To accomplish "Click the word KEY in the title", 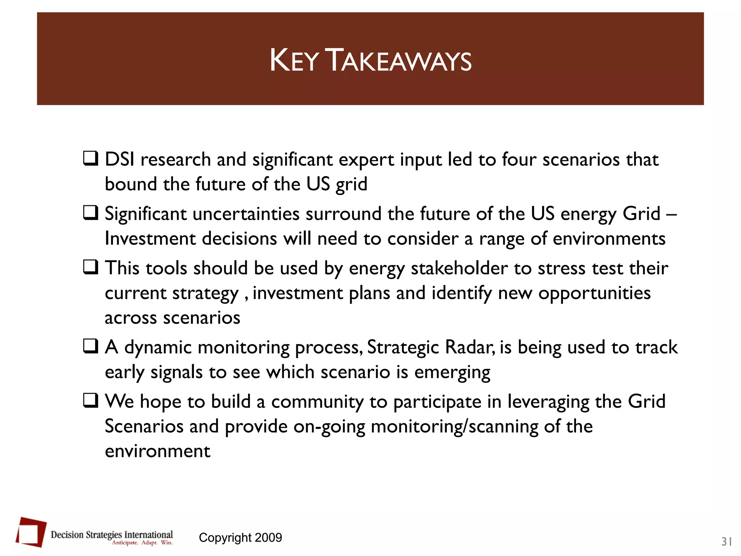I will coord(294,61).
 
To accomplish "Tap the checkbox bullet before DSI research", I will coord(90,159).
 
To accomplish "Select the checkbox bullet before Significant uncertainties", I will coord(90,213).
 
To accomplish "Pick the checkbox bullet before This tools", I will coord(90,267).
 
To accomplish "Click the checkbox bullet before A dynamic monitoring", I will coord(90,346).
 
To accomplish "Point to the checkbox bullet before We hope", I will coord(90,400).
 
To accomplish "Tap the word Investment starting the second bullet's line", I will coord(150,239).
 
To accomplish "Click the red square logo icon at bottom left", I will coord(31,532).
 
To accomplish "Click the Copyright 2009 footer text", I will coord(240,538).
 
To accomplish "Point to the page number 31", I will coord(727,542).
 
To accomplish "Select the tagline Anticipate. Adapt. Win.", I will coord(142,543).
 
